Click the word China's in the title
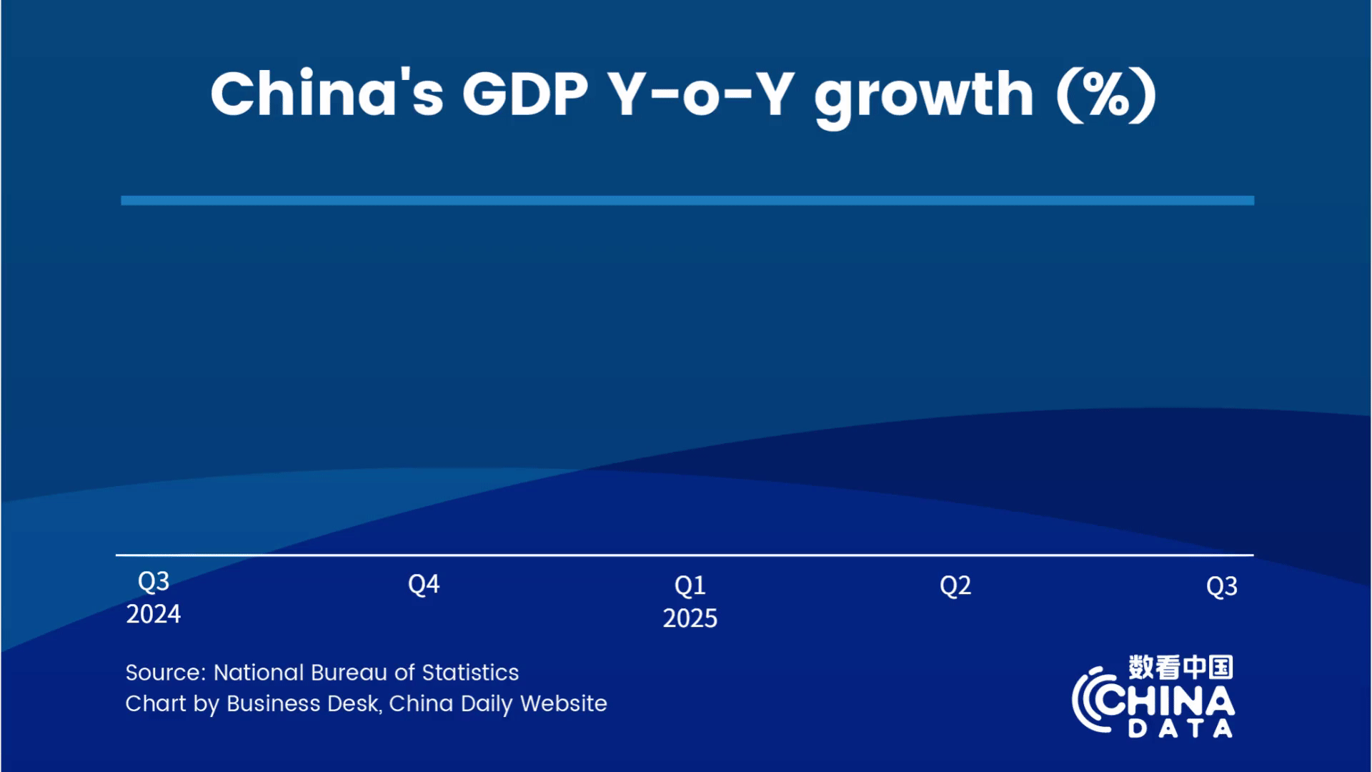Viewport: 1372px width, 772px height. coord(327,94)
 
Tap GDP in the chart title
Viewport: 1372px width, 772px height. coord(525,94)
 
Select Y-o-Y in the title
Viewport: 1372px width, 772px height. coord(700,94)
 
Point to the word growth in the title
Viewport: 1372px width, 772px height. coord(924,99)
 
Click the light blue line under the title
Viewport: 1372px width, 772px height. coord(687,201)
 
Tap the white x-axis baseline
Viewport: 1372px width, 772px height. coord(685,555)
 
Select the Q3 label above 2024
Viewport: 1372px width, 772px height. coord(154,582)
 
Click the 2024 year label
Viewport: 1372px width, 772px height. coord(154,614)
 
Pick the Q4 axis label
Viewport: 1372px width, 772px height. coord(424,585)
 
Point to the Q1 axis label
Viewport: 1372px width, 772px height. coord(690,586)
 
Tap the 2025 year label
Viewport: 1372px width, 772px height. coord(690,618)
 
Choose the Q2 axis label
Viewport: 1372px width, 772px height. coord(955,586)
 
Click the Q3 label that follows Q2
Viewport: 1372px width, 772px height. coord(1222,587)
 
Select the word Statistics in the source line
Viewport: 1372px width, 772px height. coord(470,673)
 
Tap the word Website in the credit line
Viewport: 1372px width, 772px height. coord(564,703)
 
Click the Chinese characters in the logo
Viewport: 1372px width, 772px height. coord(1180,667)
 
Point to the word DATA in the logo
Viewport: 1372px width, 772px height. coord(1180,728)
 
